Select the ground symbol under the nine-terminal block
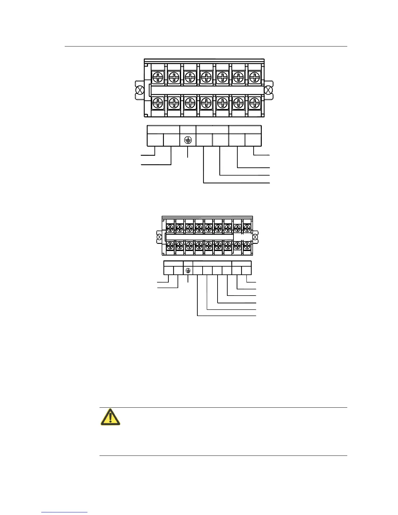[x=188, y=271]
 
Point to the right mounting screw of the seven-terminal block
[x=269, y=90]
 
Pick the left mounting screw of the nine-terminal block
[x=159, y=237]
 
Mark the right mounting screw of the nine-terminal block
[x=255, y=237]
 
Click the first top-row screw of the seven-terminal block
[x=158, y=77]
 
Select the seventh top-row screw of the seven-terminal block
[x=255, y=77]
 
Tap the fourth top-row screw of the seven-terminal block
[x=206, y=77]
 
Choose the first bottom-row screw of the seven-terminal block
[x=158, y=103]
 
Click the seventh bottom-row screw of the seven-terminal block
[x=255, y=103]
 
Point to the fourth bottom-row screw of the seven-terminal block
[x=206, y=103]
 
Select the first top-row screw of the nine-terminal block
[x=170, y=228]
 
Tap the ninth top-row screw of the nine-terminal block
[x=247, y=228]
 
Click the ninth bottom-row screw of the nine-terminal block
[x=247, y=246]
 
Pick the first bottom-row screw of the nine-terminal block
[x=170, y=246]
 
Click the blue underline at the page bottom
[x=64, y=512]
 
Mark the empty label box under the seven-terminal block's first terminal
[x=155, y=140]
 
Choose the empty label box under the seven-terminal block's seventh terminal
[x=253, y=140]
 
